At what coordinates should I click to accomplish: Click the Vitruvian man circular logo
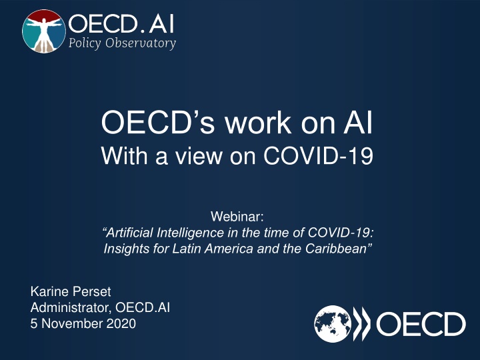tap(44, 31)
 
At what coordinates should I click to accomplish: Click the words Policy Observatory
tap(122, 43)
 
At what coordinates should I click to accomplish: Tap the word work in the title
tap(258, 123)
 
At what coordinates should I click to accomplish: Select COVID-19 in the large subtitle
tap(319, 155)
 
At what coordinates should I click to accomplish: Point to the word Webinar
tap(237, 217)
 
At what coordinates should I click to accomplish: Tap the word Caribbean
tap(339, 249)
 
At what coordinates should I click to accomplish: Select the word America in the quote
tap(229, 249)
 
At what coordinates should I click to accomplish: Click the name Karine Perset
tap(71, 291)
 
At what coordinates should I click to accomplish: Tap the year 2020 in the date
tap(121, 324)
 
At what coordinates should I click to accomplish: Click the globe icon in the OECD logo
tap(333, 323)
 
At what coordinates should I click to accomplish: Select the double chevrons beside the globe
tap(361, 324)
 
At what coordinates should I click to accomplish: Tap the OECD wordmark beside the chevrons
tap(421, 324)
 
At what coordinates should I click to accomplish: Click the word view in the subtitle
tap(199, 155)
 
